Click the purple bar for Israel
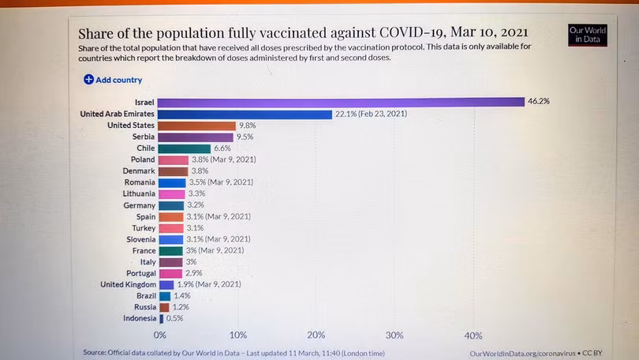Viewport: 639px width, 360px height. [x=341, y=102]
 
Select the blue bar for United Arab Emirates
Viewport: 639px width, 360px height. [x=245, y=114]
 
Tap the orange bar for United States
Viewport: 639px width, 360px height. [x=196, y=126]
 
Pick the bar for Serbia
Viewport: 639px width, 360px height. [x=196, y=137]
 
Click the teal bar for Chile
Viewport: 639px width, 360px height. [x=185, y=148]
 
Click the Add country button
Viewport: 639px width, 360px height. [x=113, y=80]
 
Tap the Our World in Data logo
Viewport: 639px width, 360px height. [x=588, y=36]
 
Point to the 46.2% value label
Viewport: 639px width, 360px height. [x=539, y=102]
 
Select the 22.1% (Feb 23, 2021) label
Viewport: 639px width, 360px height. [x=371, y=114]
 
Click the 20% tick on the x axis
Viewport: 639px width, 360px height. [x=316, y=335]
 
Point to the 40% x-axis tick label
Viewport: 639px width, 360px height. [x=473, y=335]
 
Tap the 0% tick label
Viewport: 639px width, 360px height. [x=160, y=335]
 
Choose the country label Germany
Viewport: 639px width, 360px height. [x=139, y=205]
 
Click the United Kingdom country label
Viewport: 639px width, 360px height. [x=128, y=284]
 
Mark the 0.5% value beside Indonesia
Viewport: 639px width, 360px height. [x=175, y=318]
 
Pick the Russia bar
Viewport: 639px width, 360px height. [x=164, y=307]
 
